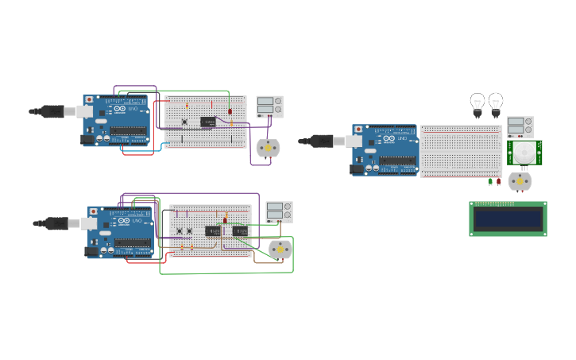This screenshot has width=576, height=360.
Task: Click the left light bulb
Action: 477,103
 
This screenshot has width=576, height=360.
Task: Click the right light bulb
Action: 496,103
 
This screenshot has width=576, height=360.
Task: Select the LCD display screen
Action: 508,218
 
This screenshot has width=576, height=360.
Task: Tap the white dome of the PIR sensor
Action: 524,152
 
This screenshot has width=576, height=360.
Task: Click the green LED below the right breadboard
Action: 490,182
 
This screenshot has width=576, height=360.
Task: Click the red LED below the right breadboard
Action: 499,182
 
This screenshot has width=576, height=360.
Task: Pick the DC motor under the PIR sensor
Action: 520,181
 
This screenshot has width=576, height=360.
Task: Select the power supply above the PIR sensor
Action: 520,126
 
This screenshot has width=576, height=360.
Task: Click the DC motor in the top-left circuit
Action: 268,149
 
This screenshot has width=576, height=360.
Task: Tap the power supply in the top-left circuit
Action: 269,106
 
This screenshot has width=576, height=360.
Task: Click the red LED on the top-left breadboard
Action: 230,111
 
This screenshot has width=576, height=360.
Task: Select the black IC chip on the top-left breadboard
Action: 208,122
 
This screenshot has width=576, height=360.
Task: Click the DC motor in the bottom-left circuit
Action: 280,250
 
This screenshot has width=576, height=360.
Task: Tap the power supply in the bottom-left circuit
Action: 279,211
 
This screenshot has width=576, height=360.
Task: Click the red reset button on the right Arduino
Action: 358,129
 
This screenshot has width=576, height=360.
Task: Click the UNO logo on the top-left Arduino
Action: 119,109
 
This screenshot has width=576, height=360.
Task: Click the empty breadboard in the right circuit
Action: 461,151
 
